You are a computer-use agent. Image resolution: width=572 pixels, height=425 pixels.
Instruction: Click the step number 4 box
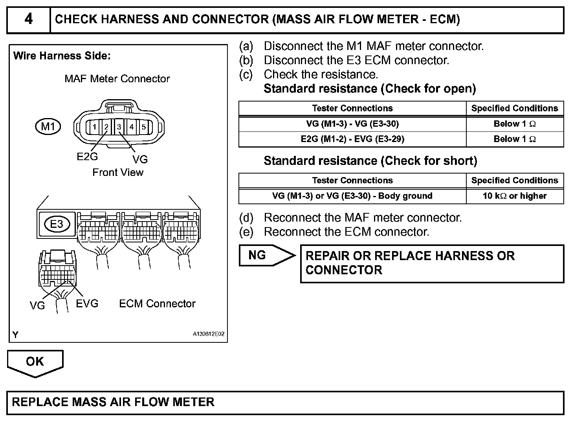click(x=29, y=19)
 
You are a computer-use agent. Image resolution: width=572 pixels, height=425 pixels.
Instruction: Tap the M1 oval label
click(x=48, y=127)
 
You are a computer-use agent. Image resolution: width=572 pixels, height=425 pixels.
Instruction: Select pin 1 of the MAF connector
click(x=94, y=127)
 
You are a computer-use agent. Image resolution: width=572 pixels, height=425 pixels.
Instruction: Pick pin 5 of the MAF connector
click(x=144, y=127)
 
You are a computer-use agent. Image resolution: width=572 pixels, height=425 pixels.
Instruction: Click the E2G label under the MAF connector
click(x=87, y=157)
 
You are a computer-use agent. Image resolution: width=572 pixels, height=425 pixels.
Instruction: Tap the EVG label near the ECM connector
click(x=87, y=303)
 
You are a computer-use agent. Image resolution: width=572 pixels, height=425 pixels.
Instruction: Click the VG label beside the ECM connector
click(x=37, y=305)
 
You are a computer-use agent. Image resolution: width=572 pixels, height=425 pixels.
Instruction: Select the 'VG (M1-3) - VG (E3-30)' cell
click(x=352, y=124)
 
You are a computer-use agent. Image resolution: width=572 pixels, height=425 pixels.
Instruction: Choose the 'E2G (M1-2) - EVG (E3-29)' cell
click(x=352, y=139)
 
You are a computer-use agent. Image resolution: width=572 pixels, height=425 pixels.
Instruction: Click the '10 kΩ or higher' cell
click(x=515, y=196)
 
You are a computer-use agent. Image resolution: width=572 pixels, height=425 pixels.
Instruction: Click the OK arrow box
click(x=35, y=362)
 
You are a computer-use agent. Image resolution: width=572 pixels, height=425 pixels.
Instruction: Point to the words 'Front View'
click(x=118, y=172)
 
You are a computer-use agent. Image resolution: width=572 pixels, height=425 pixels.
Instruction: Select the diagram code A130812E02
click(x=208, y=334)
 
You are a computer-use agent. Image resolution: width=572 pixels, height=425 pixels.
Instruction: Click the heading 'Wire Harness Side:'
click(x=62, y=56)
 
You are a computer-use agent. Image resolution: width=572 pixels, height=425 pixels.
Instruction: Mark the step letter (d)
click(x=246, y=218)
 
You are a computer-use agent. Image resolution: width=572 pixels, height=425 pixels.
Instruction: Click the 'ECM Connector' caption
click(x=157, y=303)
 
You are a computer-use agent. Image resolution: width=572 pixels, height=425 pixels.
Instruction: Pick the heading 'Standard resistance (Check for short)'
click(x=370, y=161)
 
